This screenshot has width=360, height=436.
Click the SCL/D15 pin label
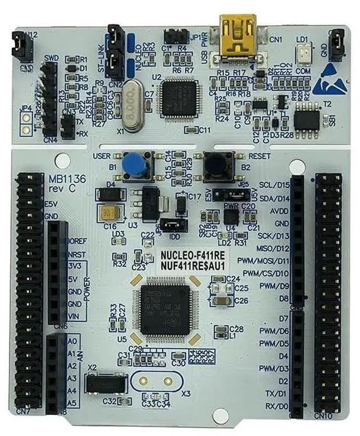point(274,185)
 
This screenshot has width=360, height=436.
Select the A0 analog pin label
point(72,341)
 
